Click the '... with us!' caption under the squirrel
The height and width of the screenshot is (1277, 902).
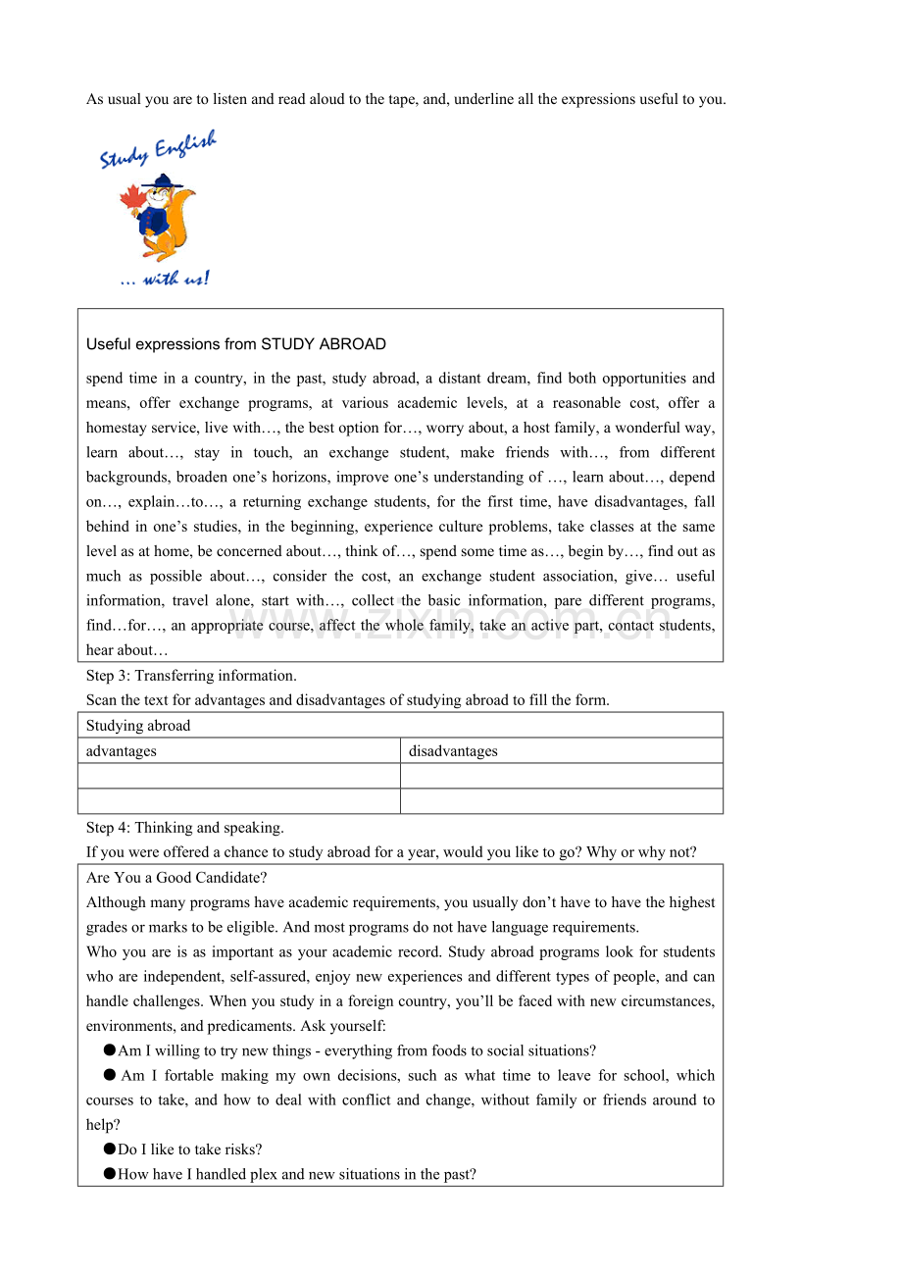click(x=164, y=280)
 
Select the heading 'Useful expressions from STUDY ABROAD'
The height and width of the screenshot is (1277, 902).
click(x=235, y=344)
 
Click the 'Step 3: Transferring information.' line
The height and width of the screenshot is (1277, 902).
click(x=191, y=676)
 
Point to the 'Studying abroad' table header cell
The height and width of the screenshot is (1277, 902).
click(x=138, y=726)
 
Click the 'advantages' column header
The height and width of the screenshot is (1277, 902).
click(x=122, y=751)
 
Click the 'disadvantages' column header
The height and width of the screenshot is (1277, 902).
click(x=453, y=751)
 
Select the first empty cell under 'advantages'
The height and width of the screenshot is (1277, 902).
click(x=238, y=776)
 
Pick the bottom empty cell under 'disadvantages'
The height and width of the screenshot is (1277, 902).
click(x=561, y=801)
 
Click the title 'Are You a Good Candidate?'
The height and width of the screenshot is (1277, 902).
click(x=176, y=878)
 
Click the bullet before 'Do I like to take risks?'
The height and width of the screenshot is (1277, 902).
click(x=110, y=1149)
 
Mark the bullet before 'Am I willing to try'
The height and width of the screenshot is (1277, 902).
click(x=110, y=1050)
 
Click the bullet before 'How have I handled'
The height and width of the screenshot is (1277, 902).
click(x=110, y=1174)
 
